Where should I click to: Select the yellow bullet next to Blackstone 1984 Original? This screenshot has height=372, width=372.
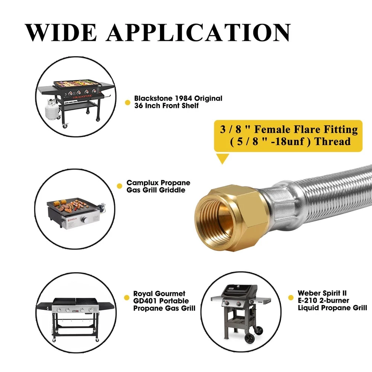pos(128,103)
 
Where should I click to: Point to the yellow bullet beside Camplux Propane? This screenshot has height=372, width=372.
pos(119,186)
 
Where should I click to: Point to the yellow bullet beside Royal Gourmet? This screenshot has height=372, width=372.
pos(127,298)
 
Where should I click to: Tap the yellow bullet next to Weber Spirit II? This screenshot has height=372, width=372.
pos(291,298)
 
